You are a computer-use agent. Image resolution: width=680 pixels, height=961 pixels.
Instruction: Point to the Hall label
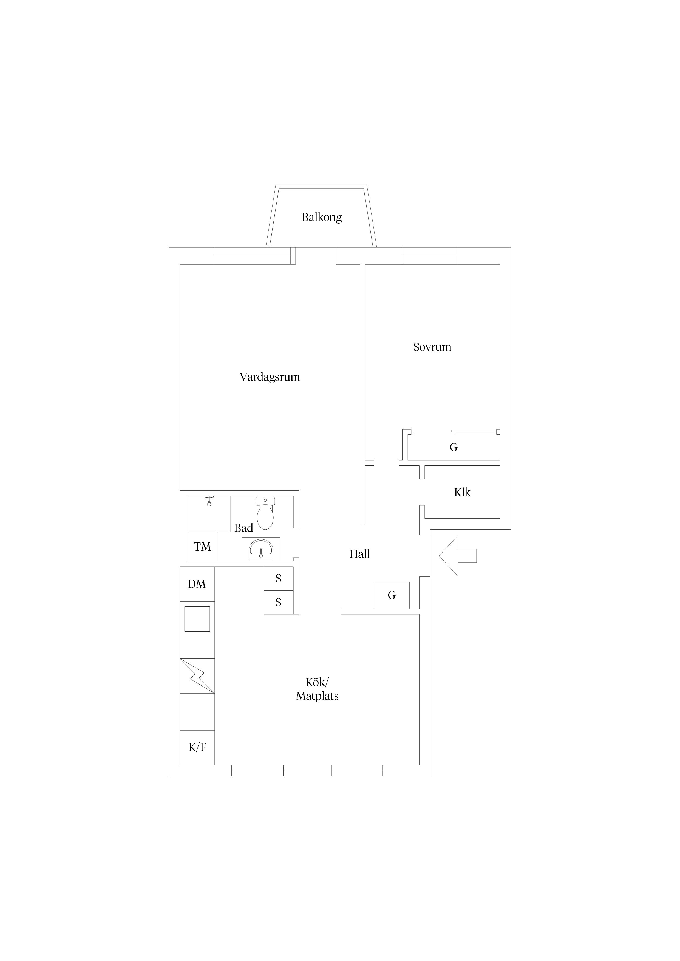point(359,554)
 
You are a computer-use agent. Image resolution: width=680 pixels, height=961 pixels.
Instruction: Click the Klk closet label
point(462,492)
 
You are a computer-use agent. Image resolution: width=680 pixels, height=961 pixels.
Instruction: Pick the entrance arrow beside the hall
point(458,556)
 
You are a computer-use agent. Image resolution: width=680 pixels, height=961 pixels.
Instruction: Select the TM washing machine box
point(202,547)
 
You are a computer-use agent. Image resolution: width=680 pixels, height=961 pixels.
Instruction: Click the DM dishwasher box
point(197,584)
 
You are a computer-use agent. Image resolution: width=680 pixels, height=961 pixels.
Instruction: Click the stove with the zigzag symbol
point(197,676)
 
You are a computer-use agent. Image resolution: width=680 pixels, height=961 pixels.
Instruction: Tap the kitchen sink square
point(197,619)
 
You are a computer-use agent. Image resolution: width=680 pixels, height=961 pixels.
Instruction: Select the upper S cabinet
point(278,579)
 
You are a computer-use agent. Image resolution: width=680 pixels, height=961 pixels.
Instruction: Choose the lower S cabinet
point(278,602)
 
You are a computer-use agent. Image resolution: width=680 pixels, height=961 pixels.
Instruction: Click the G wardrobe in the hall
point(391,595)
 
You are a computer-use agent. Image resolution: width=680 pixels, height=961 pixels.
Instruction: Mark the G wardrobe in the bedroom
point(453,447)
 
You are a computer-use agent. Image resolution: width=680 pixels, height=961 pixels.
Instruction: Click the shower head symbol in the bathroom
point(209,501)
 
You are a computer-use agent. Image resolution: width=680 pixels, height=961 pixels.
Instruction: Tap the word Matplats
point(317,696)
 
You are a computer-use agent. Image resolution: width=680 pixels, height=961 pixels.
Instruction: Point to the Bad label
point(243,528)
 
